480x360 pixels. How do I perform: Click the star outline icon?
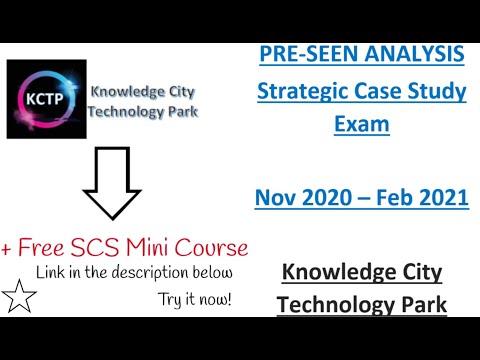click(x=21, y=297)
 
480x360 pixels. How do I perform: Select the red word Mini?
click(x=166, y=246)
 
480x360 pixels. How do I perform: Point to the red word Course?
click(x=219, y=246)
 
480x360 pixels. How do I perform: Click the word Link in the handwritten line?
click(x=50, y=272)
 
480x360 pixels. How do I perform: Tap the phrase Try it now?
click(x=194, y=298)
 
